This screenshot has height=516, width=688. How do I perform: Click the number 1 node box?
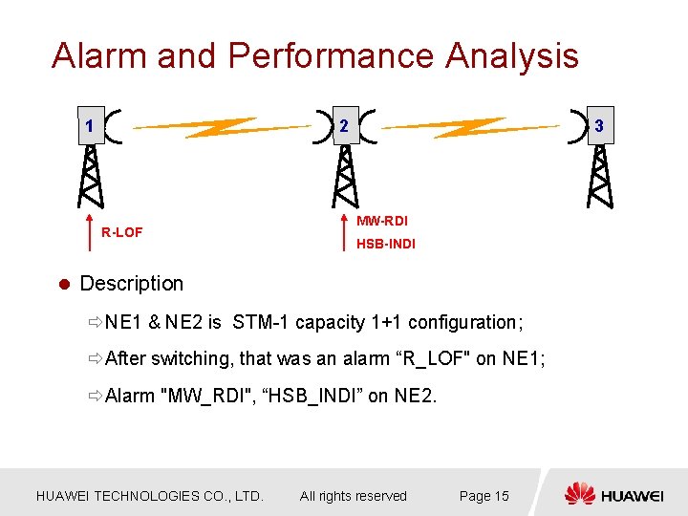89,126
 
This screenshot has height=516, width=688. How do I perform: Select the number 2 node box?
345,126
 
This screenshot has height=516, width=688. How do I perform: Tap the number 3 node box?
599,126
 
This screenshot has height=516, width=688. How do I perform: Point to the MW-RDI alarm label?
382,221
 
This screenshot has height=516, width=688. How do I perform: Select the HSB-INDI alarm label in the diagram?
386,245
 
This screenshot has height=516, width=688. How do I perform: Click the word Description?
132,284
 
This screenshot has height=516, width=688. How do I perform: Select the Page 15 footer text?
484,496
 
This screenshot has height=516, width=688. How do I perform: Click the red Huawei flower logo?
579,494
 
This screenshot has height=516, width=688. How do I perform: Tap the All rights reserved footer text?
353,496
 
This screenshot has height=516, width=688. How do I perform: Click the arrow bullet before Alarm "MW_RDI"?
93,396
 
